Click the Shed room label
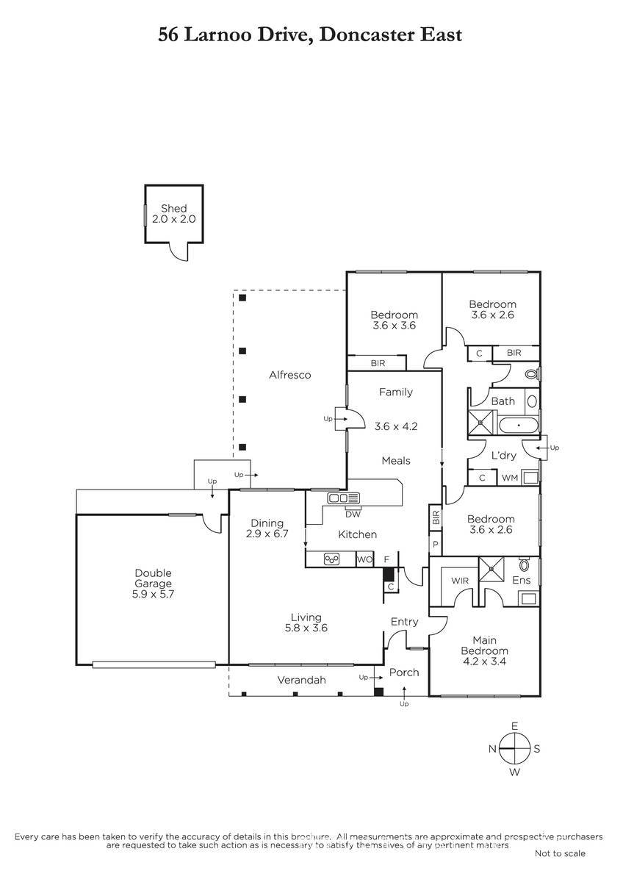pos(173,208)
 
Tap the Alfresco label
pos(290,375)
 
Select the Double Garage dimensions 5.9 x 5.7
pos(153,594)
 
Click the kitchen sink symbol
pos(344,498)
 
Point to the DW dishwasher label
pos(353,514)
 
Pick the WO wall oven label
pos(364,559)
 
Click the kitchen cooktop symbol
pos(331,559)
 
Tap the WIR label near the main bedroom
pos(460,581)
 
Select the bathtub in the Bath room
pos(519,426)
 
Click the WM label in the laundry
pos(510,478)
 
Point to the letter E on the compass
pos(514,726)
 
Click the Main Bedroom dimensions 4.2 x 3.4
pos(484,661)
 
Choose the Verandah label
pos(301,680)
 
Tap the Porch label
pos(404,673)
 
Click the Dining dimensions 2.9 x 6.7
pos(267,534)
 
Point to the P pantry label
pos(435,544)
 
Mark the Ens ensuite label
pos(522,580)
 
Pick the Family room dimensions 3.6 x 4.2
pos(396,426)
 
